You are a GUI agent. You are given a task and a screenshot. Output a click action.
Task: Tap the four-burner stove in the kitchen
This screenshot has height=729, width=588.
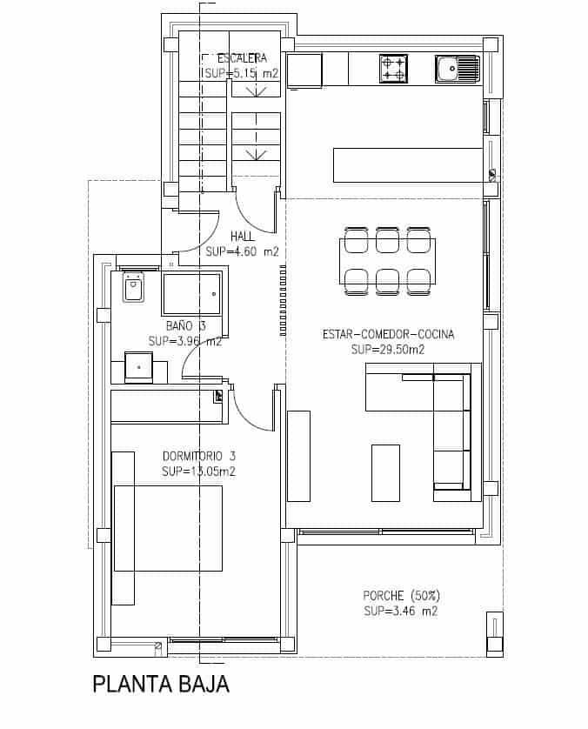point(393,69)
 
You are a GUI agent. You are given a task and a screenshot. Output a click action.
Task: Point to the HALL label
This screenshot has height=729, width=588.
point(243,237)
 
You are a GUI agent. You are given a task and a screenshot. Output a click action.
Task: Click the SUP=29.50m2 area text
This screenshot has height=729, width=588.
point(387,350)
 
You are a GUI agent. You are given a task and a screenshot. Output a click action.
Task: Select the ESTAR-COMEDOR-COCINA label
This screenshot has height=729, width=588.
point(388,334)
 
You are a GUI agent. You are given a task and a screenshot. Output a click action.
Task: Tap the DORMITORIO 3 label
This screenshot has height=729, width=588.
point(199,456)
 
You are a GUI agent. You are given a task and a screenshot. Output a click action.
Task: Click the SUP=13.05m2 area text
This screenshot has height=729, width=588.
point(199,472)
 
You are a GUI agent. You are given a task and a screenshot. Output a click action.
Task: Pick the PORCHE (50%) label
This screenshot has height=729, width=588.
point(401,596)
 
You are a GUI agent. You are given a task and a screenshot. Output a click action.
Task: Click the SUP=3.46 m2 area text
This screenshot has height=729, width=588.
point(401,612)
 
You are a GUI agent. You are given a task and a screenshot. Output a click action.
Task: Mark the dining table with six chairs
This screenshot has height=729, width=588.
point(387,261)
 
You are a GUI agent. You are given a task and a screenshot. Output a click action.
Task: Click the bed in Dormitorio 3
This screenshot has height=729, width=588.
point(168,528)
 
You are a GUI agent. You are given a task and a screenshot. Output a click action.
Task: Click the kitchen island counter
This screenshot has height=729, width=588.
point(407,165)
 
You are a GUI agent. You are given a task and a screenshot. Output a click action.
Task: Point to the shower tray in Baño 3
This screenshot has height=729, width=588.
point(190,293)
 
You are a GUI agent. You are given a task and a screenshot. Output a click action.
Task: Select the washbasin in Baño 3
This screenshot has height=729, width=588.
point(139,367)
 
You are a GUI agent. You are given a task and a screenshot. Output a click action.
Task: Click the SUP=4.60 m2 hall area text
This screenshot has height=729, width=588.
point(243,252)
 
